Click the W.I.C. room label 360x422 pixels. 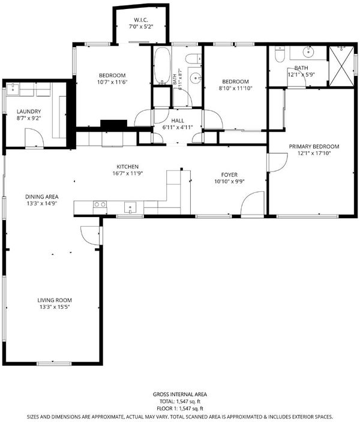[x=141, y=20]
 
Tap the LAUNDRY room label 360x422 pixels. [x=29, y=111]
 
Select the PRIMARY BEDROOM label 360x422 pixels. [x=314, y=147]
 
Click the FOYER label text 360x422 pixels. [x=229, y=175]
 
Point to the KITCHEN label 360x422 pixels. [x=127, y=167]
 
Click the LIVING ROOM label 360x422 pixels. [x=55, y=300]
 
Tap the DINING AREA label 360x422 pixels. [x=42, y=197]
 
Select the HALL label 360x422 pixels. [x=178, y=120]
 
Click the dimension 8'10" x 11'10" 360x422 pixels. [x=235, y=88]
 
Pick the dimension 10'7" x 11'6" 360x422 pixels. [x=112, y=82]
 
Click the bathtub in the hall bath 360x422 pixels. [x=163, y=66]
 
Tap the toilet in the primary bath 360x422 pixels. [x=280, y=55]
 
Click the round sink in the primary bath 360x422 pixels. [x=308, y=52]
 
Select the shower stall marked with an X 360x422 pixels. [x=341, y=67]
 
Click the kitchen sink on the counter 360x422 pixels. [x=130, y=207]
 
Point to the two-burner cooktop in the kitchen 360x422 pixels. [x=100, y=204]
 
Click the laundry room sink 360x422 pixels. [x=13, y=89]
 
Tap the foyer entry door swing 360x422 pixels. [x=252, y=203]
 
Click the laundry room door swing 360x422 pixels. [x=34, y=138]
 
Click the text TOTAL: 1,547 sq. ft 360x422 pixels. [x=180, y=402]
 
